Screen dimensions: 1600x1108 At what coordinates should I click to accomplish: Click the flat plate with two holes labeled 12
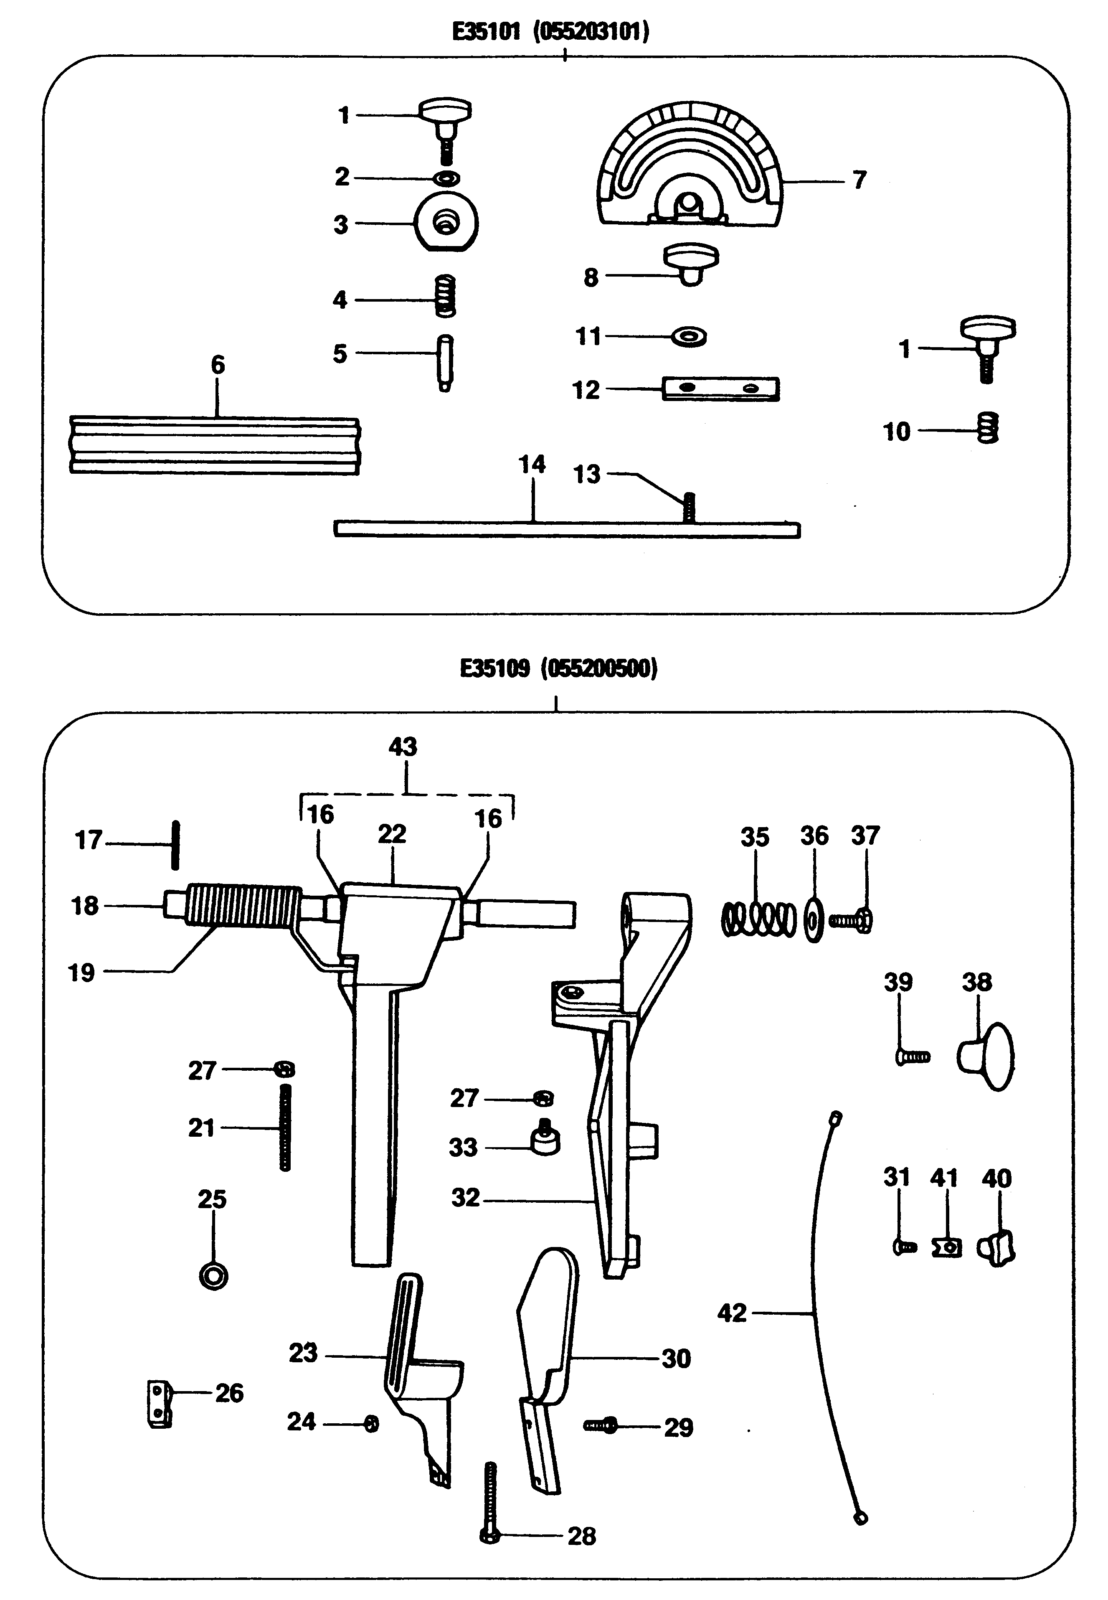pos(720,389)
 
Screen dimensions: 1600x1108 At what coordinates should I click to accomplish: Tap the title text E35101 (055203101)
pos(550,31)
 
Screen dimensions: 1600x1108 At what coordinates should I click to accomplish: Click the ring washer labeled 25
pos(213,1276)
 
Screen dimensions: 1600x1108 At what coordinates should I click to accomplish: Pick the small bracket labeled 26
pos(160,1404)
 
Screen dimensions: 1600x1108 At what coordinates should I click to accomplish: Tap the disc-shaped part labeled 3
pos(446,223)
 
